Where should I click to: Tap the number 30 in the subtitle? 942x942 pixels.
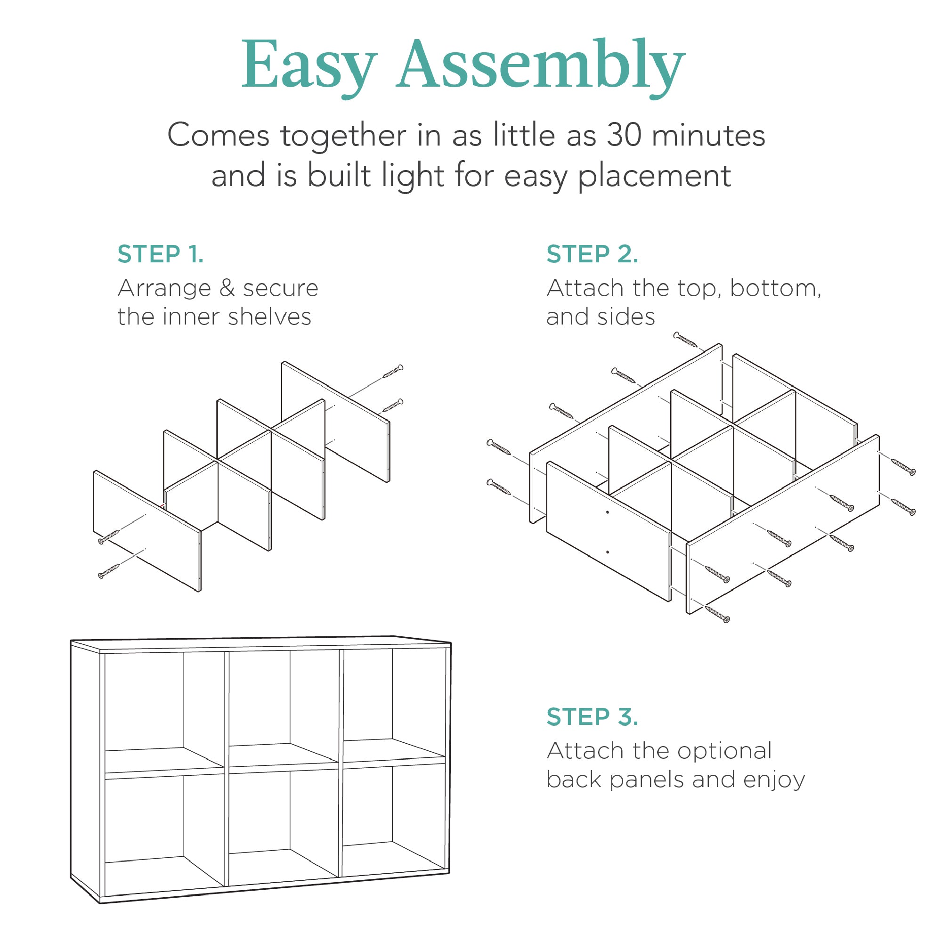pos(623,135)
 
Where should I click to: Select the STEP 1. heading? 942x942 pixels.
pos(161,254)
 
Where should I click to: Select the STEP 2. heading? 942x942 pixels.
pos(592,254)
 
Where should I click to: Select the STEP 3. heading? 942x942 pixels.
pos(592,717)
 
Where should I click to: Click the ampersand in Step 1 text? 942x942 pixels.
pos(227,288)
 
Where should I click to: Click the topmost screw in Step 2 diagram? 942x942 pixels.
pos(685,340)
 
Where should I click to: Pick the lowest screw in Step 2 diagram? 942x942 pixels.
pos(717,615)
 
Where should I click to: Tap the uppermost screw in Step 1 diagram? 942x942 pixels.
pos(393,371)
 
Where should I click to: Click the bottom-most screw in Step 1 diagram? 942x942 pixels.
pos(109,571)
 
